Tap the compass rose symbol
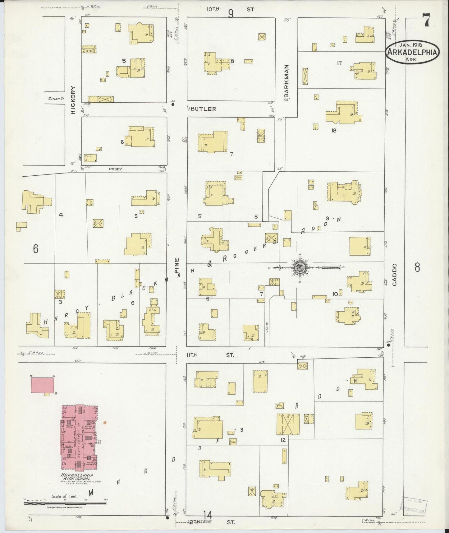point(300,267)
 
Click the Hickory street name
point(73,100)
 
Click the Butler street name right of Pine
point(203,109)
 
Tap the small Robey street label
point(115,169)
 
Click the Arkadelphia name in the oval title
point(413,53)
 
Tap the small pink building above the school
point(43,386)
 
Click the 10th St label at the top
point(231,9)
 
